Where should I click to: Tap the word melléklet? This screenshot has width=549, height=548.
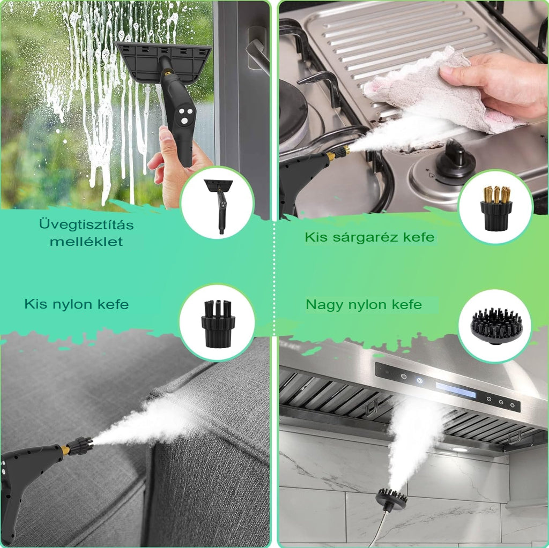[86, 242]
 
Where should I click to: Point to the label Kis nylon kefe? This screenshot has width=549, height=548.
[77, 304]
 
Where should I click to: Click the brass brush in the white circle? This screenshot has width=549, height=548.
[496, 208]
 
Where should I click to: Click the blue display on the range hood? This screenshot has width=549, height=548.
[456, 390]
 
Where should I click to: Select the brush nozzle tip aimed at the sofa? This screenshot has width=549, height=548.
[79, 445]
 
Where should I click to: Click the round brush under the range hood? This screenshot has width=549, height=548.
[392, 498]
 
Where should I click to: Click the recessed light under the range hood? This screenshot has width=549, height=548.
[459, 449]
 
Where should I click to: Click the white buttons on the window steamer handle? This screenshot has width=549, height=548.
[184, 116]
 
